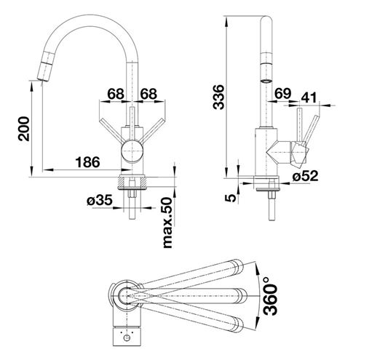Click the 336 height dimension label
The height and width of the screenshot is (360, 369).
[218, 97]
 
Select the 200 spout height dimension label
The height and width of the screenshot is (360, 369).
[24, 129]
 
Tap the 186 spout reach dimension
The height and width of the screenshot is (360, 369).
[87, 162]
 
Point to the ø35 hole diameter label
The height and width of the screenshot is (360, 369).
[100, 201]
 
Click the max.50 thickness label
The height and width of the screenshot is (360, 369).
[167, 223]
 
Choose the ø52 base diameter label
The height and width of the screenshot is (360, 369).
[305, 175]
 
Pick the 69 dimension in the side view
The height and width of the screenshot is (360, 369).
[282, 94]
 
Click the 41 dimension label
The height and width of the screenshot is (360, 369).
[309, 97]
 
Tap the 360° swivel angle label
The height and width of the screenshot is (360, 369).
[270, 296]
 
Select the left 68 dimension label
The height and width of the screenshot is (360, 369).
[116, 94]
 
